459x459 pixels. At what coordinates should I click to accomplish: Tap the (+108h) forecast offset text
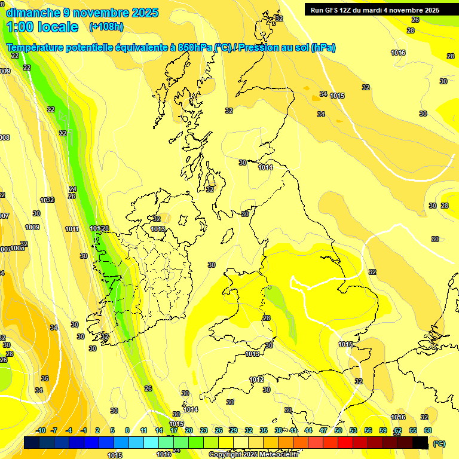(106, 27)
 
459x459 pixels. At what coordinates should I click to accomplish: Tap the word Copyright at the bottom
(227, 454)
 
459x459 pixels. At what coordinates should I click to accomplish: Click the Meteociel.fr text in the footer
(280, 454)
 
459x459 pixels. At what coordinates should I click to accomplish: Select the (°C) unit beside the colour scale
(439, 443)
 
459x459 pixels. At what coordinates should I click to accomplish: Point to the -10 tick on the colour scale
(41, 430)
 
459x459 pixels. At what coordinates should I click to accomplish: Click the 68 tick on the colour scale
(428, 430)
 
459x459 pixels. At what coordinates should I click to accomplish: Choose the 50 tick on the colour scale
(338, 430)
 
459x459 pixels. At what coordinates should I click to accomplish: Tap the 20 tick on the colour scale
(189, 430)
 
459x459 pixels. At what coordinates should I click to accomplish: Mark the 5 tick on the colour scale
(113, 430)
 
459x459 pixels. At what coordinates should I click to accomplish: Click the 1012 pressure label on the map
(256, 380)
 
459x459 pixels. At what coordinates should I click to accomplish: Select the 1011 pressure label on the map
(72, 229)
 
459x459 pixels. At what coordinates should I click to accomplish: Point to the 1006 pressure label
(18, 248)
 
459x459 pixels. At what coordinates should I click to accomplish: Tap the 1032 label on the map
(47, 200)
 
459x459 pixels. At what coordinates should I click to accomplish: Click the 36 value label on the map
(45, 378)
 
